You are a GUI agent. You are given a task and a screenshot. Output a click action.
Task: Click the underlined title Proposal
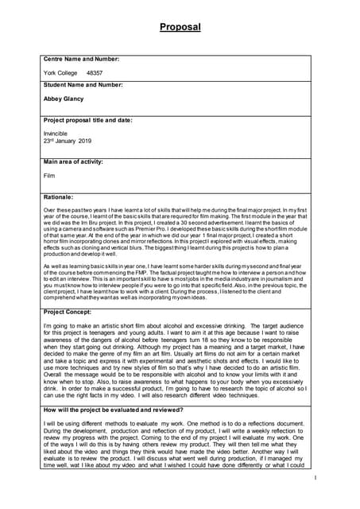[180, 28]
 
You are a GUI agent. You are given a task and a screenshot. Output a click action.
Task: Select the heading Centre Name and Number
[81, 60]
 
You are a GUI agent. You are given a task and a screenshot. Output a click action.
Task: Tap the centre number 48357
[95, 72]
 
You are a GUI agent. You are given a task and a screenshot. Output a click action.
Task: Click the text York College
[60, 72]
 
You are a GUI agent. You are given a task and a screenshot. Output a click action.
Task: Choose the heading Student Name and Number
[83, 85]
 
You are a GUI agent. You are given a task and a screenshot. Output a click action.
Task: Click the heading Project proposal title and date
[87, 121]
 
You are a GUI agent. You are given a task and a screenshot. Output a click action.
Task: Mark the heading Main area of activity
[74, 161]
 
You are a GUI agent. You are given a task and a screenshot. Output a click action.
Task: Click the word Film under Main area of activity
[50, 175]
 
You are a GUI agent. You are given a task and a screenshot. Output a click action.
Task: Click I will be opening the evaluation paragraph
[56, 422]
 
